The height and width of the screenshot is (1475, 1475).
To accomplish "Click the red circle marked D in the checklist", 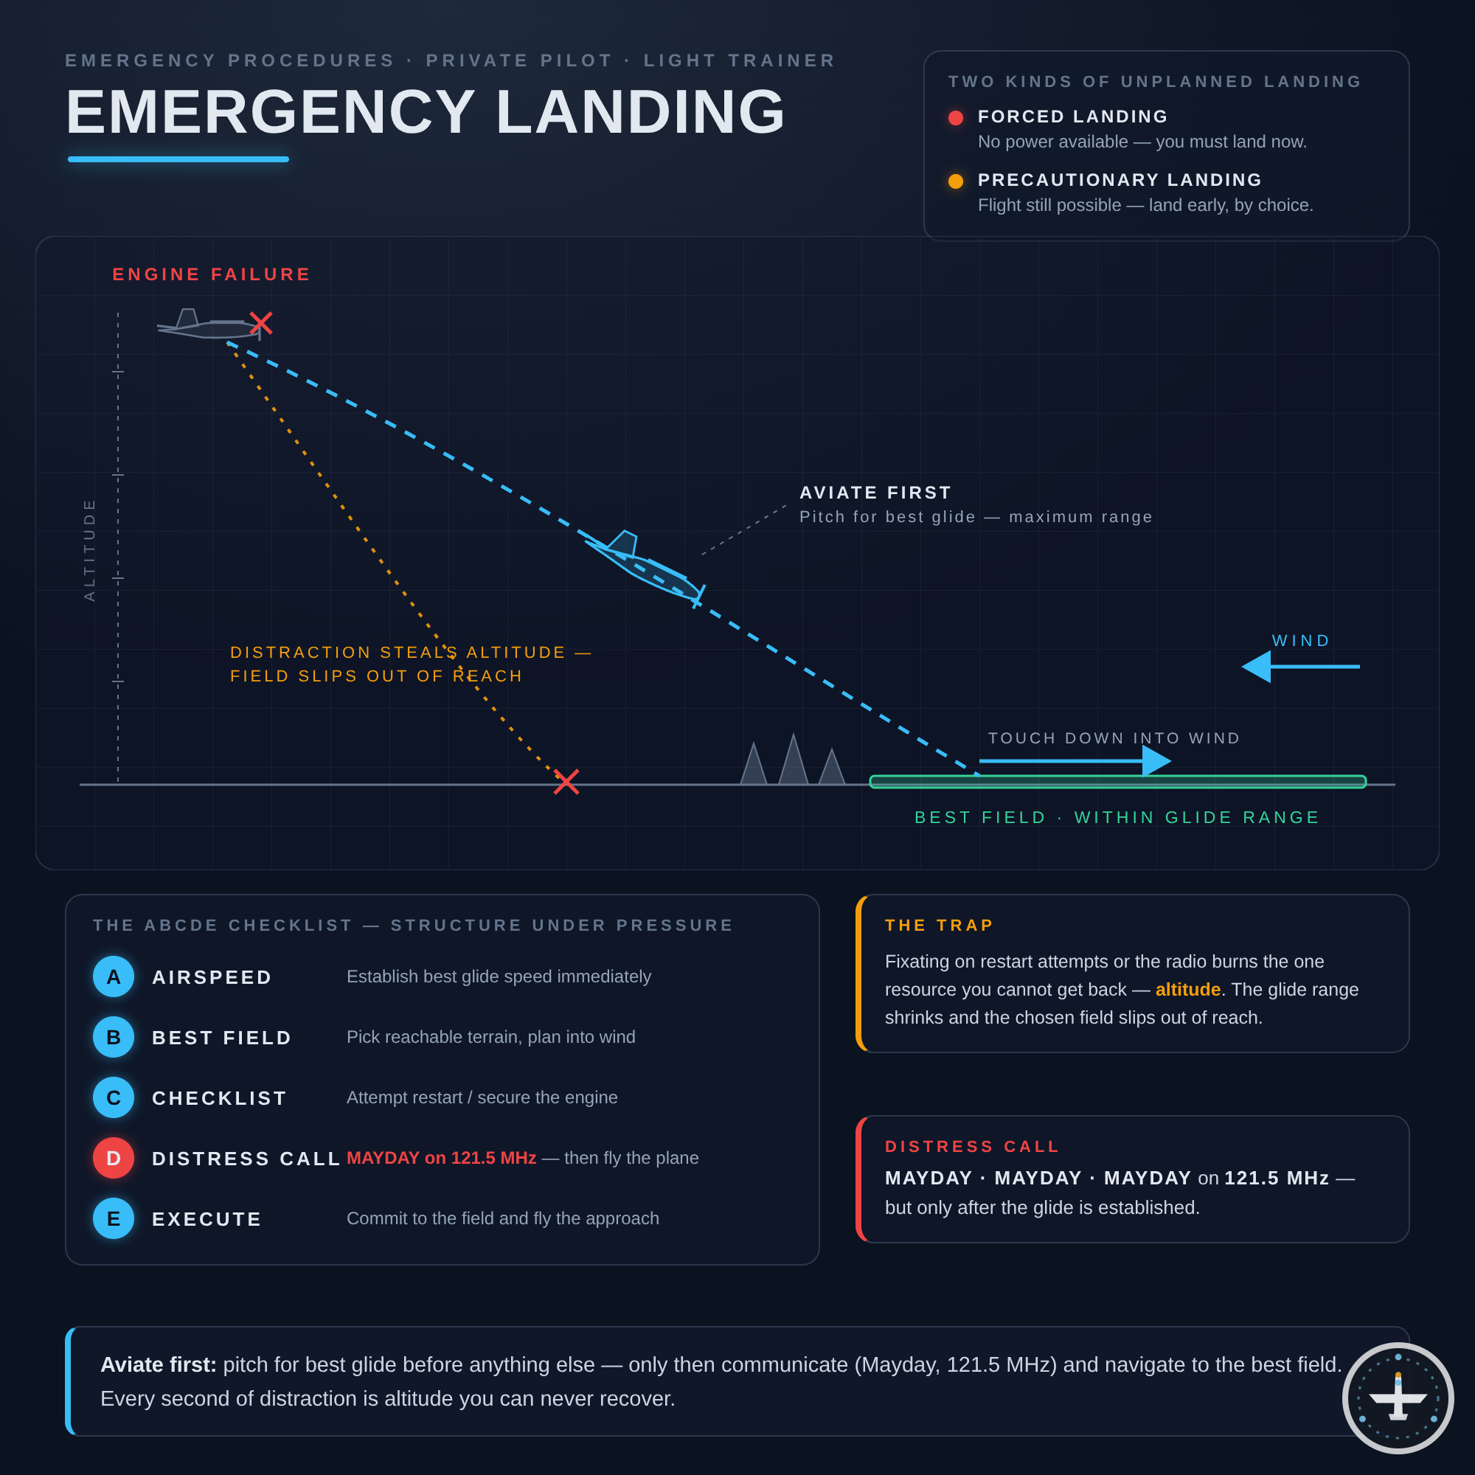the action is pyautogui.click(x=113, y=1157).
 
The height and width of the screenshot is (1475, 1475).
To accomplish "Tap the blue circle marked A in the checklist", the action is pyautogui.click(x=113, y=976).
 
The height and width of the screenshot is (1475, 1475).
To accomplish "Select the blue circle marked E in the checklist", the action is pyautogui.click(x=113, y=1218).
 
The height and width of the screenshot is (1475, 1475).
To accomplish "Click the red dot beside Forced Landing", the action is pyautogui.click(x=956, y=117).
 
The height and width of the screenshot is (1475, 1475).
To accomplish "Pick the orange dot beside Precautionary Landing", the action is pyautogui.click(x=956, y=181).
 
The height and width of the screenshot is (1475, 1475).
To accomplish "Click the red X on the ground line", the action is pyautogui.click(x=566, y=782).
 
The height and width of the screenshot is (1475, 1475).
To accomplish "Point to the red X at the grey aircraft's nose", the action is pyautogui.click(x=261, y=323).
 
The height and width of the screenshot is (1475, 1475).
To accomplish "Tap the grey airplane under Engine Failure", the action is pyautogui.click(x=210, y=324).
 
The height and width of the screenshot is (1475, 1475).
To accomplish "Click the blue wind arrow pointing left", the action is pyautogui.click(x=1301, y=667).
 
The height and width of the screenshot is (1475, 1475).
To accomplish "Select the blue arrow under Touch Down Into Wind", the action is pyautogui.click(x=1075, y=761).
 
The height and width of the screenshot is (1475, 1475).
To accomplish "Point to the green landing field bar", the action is pyautogui.click(x=1118, y=782).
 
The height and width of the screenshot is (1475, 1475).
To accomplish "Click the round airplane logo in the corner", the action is pyautogui.click(x=1398, y=1398).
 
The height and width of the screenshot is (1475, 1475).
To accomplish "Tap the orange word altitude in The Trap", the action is pyautogui.click(x=1188, y=990).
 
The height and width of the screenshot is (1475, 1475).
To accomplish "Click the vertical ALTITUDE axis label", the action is pyautogui.click(x=89, y=549).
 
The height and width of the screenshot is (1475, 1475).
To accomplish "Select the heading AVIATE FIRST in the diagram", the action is pyautogui.click(x=875, y=493).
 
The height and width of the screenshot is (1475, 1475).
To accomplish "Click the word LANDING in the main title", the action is pyautogui.click(x=641, y=111).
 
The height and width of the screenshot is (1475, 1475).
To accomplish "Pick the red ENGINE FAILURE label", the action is pyautogui.click(x=212, y=274).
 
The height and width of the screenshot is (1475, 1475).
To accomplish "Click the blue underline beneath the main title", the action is pyautogui.click(x=178, y=159).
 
